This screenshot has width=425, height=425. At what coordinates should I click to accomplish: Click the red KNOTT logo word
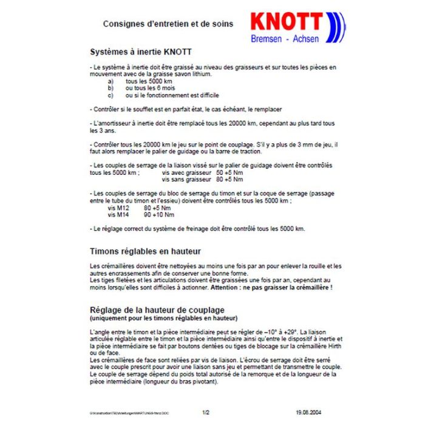[x=285, y=24]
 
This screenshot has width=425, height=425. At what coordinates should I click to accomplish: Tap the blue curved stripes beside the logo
[x=334, y=26]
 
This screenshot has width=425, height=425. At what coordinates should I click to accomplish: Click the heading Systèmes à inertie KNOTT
[x=141, y=52]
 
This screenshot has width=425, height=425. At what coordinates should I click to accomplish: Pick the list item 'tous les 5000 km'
[x=149, y=81]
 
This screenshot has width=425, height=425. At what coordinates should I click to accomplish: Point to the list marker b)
[x=110, y=88]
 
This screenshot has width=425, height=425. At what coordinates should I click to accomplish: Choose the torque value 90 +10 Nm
[x=159, y=214]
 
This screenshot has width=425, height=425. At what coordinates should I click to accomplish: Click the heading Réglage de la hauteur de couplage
[x=157, y=310]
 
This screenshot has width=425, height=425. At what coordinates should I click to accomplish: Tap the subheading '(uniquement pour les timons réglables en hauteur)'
[x=163, y=318]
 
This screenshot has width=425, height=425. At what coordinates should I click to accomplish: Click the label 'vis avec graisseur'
[x=186, y=173]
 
